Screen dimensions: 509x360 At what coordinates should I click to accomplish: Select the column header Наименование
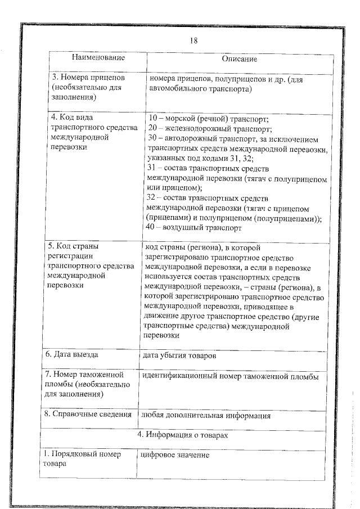[98, 57]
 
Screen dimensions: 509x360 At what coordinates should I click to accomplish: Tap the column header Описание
[239, 58]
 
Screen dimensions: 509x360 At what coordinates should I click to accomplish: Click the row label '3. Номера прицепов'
[84, 78]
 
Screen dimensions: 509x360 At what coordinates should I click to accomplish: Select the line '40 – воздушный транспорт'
[193, 228]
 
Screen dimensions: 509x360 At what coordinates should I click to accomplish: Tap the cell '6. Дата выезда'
[71, 355]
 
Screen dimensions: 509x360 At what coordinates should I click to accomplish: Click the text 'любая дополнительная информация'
[206, 416]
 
